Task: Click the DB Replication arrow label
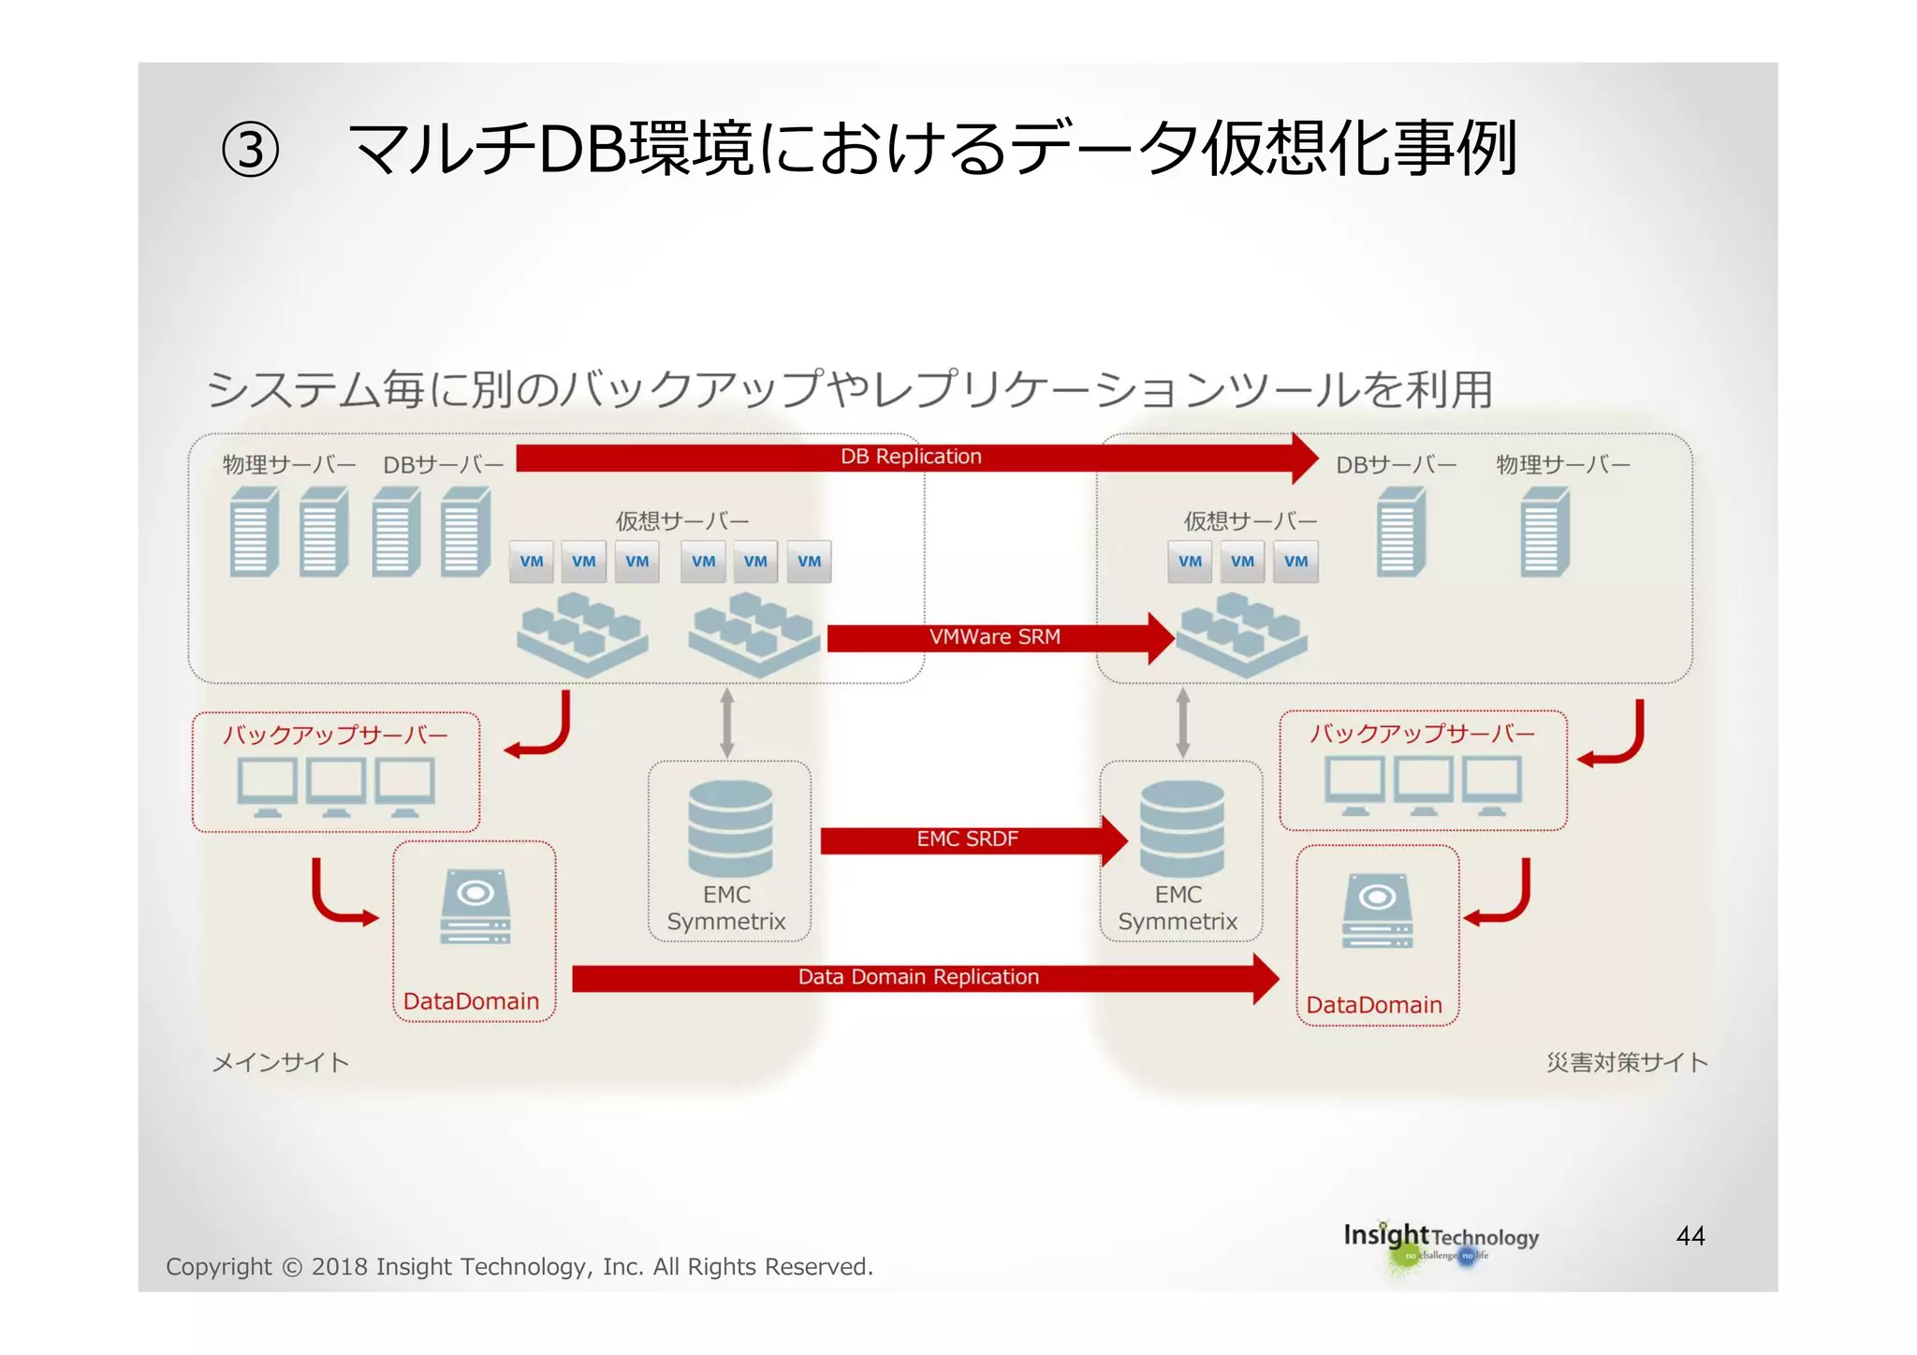911,457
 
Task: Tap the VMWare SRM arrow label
994,637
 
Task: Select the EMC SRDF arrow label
967,839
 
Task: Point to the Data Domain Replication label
918,977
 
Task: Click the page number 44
1690,1236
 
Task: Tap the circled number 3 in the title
250,151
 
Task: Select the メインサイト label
281,1063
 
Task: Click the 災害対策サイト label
1627,1063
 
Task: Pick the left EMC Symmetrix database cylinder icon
730,829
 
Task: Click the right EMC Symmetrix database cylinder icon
1181,829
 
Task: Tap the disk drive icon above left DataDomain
476,907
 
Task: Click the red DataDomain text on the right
1374,1005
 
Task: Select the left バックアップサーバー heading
336,735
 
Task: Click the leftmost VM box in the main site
532,561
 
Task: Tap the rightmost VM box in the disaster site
1296,561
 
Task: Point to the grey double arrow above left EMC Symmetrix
727,722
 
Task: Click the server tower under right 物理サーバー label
1544,532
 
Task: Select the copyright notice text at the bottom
519,1267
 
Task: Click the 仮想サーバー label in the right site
1250,521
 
